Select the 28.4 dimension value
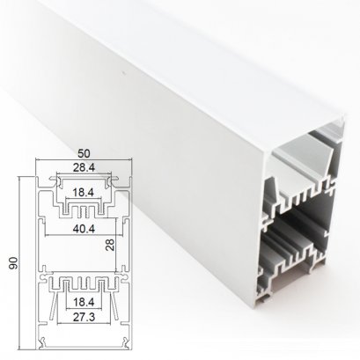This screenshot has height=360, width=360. [84, 167]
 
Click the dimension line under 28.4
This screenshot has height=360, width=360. [84, 173]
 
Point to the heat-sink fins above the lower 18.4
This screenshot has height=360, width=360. [83, 283]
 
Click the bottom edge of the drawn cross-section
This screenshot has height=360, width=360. [84, 346]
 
